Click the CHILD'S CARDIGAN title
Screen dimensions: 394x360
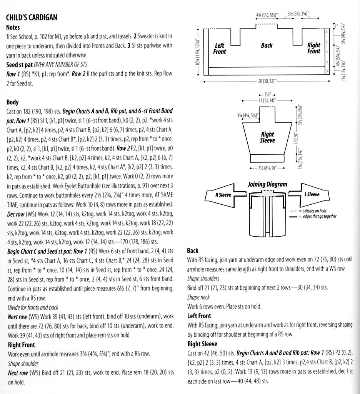pyautogui.click(x=32, y=17)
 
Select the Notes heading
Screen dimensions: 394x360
pyautogui.click(x=13, y=28)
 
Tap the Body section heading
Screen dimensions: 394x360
pyautogui.click(x=12, y=102)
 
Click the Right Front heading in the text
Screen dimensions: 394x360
pyautogui.click(x=21, y=345)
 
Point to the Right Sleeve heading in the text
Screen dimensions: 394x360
pyautogui.click(x=202, y=344)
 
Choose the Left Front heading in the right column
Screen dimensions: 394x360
pyautogui.click(x=199, y=316)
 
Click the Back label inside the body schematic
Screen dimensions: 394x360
pyautogui.click(x=267, y=45)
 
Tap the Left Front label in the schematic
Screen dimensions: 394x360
pyautogui.click(x=220, y=48)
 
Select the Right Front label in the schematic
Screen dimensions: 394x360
pyautogui.click(x=313, y=48)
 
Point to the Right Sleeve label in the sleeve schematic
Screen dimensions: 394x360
pyautogui.click(x=267, y=137)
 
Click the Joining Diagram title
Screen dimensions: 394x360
pyautogui.click(x=267, y=184)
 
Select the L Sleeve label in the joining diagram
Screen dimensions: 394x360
pyautogui.click(x=312, y=194)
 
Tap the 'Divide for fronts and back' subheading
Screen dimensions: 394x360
pyautogui.click(x=33, y=307)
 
